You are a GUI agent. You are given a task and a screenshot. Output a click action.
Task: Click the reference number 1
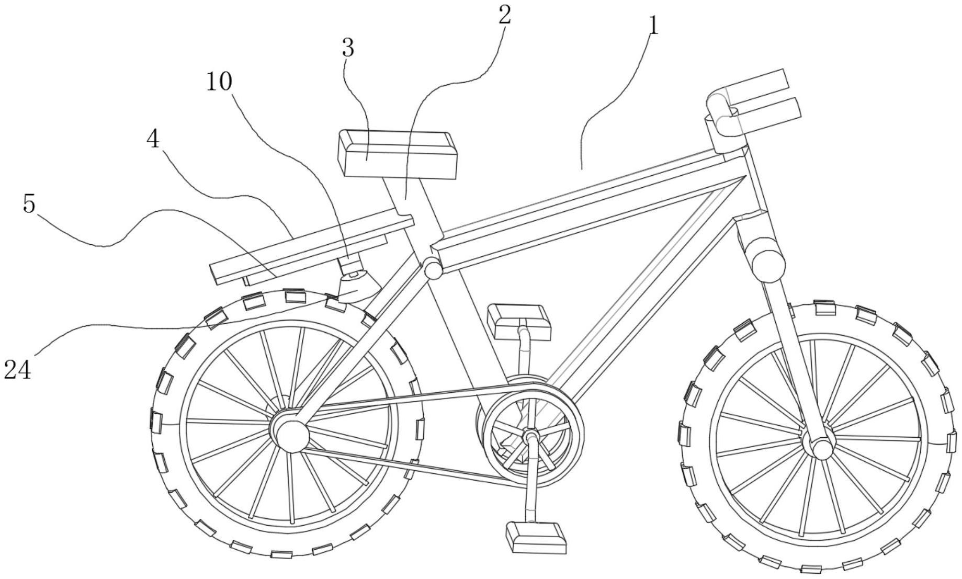pyautogui.click(x=652, y=25)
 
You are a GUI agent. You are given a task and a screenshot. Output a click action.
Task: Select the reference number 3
pyautogui.click(x=348, y=48)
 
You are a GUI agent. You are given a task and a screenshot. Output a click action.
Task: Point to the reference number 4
pyautogui.click(x=153, y=139)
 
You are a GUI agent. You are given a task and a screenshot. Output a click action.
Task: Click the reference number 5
pyautogui.click(x=29, y=203)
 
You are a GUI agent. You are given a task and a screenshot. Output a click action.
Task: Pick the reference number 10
pyautogui.click(x=219, y=82)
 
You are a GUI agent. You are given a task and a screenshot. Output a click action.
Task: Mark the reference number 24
pyautogui.click(x=17, y=370)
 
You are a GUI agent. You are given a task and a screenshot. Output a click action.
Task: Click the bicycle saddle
pyautogui.click(x=398, y=154)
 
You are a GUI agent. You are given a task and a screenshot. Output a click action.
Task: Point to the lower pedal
pyautogui.click(x=536, y=537)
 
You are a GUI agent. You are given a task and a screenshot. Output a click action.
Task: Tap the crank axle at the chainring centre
pyautogui.click(x=530, y=435)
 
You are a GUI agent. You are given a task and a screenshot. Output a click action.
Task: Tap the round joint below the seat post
pyautogui.click(x=433, y=268)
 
